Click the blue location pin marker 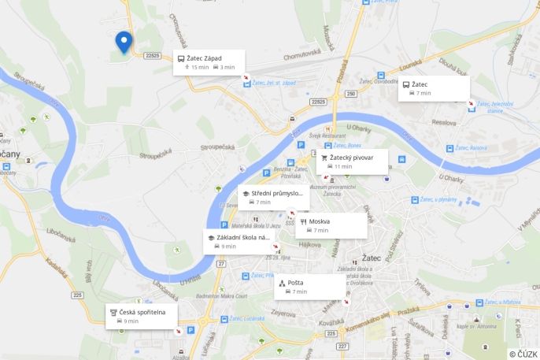[123, 42]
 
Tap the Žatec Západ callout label [209, 62]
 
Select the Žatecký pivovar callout [352, 161]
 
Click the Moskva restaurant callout [331, 225]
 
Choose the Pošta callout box [309, 287]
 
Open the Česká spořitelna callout [142, 316]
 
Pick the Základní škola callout [239, 241]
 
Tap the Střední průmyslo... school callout [273, 198]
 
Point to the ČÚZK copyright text [523, 354]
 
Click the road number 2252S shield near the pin [153, 55]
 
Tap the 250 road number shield [351, 94]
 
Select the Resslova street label [444, 123]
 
